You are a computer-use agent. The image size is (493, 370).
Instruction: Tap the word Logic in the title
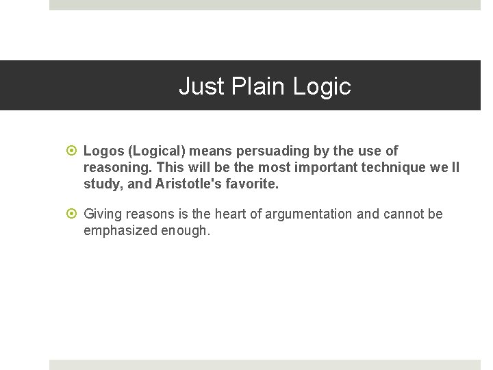[x=322, y=86]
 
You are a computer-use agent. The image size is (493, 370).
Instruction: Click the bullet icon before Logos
[x=73, y=151]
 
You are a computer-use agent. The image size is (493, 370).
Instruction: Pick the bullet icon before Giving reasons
[x=73, y=214]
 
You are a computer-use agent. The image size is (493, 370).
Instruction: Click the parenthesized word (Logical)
[x=157, y=151]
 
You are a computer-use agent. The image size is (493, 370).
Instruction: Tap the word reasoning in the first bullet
[x=117, y=167]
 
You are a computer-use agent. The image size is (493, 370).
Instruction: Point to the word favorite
[x=255, y=184]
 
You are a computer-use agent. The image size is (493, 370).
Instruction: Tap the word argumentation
[x=308, y=214]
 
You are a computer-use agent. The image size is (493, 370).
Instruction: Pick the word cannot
[x=403, y=214]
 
